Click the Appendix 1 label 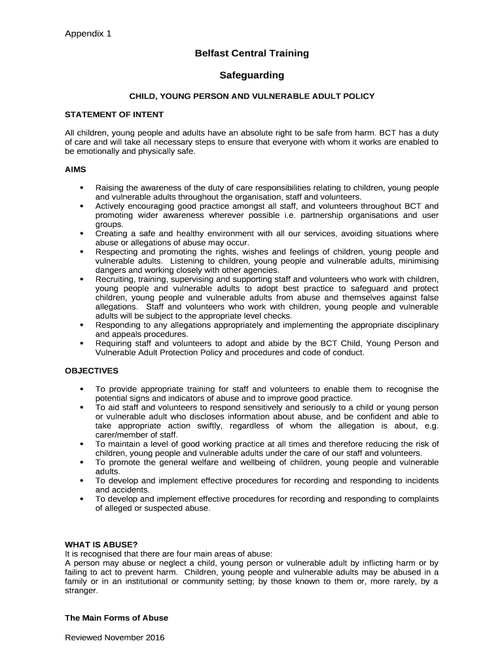click(x=88, y=34)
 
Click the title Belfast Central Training click(x=251, y=53)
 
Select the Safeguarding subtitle click(x=251, y=75)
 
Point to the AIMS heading click(x=75, y=169)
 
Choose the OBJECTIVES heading click(x=91, y=370)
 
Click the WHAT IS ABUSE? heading click(x=101, y=544)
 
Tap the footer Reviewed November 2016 click(x=115, y=637)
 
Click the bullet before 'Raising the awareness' click(x=81, y=188)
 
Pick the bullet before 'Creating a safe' click(x=81, y=234)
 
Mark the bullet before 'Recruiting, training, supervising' click(x=81, y=279)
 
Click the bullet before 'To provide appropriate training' click(x=81, y=389)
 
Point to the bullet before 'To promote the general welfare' click(x=81, y=463)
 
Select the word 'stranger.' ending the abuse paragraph click(x=81, y=590)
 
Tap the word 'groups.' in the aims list click(x=109, y=224)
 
